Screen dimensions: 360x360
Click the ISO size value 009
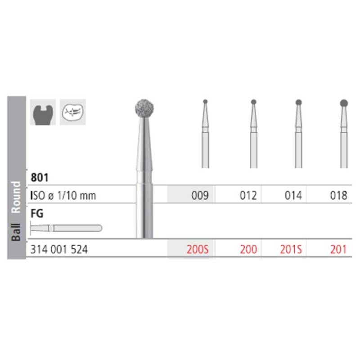pyautogui.click(x=200, y=196)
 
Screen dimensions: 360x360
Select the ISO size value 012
pyautogui.click(x=248, y=196)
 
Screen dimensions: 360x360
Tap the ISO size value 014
pyautogui.click(x=293, y=196)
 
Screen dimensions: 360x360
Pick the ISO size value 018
pyautogui.click(x=339, y=196)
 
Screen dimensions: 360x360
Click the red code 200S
pyautogui.click(x=198, y=250)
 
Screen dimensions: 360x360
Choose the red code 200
pyautogui.click(x=248, y=250)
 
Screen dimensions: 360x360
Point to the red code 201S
pyautogui.click(x=291, y=250)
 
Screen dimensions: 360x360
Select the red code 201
pyautogui.click(x=339, y=250)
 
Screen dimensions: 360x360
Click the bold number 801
pyautogui.click(x=40, y=177)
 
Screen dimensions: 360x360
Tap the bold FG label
pyautogui.click(x=37, y=213)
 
